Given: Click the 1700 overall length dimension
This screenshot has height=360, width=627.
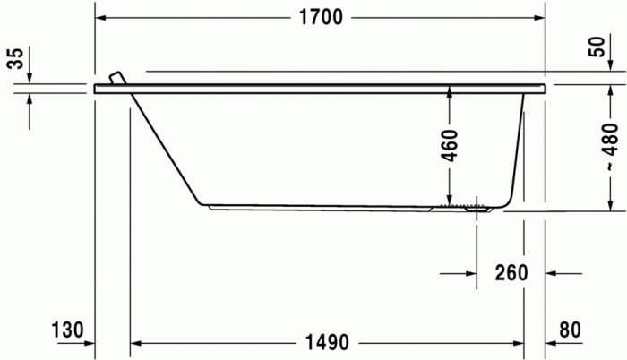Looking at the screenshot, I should click(x=320, y=18).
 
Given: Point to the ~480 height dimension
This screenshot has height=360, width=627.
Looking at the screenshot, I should click(x=609, y=147).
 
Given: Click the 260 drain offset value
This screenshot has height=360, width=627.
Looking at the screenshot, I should click(x=511, y=273).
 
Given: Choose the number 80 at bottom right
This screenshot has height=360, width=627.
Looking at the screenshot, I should click(x=570, y=330).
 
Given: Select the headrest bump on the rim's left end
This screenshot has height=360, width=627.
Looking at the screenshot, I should click(x=115, y=78).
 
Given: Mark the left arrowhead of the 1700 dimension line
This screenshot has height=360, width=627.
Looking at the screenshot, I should click(x=102, y=18).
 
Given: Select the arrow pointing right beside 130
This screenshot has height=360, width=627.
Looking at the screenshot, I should click(x=88, y=342).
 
